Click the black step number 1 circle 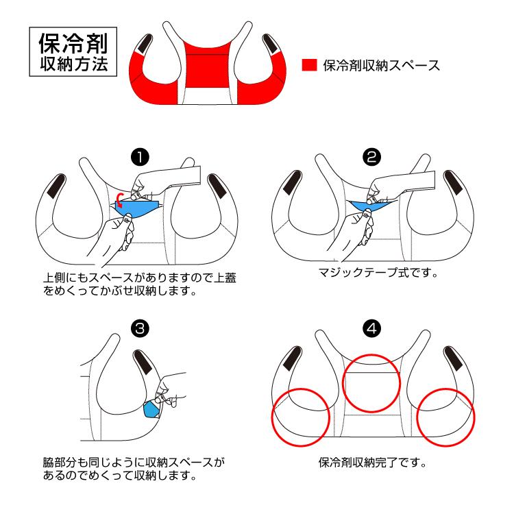[141, 158]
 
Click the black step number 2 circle [371, 158]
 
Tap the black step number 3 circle [141, 328]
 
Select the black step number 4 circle [371, 328]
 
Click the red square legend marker [310, 65]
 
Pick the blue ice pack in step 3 [151, 411]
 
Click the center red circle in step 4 [371, 384]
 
